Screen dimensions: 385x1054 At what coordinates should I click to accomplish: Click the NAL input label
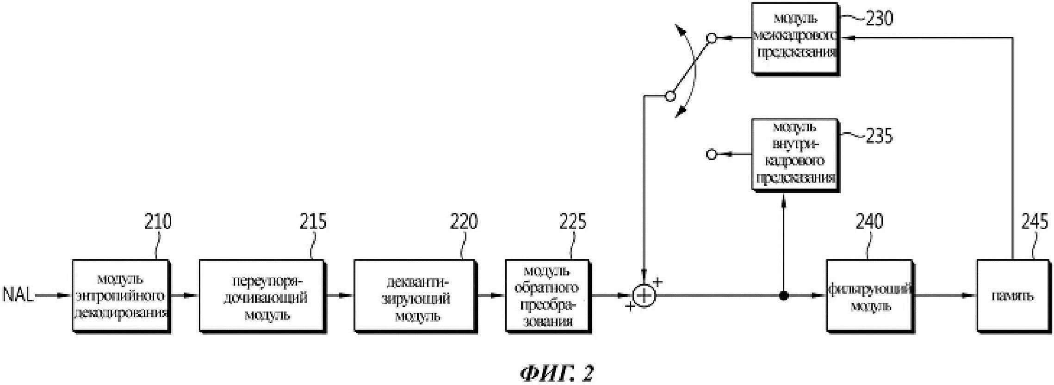18,295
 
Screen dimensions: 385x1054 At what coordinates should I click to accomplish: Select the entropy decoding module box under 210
120,296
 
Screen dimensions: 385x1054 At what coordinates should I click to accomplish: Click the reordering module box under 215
261,296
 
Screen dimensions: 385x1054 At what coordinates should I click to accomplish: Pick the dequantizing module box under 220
415,296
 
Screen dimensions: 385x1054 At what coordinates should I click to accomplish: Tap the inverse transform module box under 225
548,296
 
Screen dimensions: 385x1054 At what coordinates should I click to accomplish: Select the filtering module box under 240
869,296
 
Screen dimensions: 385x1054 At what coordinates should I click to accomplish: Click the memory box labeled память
1012,296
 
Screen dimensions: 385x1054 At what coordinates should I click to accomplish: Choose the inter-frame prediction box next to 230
794,38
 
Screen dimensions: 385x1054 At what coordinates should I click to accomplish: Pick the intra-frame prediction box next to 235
794,154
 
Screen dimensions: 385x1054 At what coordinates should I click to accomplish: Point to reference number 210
158,222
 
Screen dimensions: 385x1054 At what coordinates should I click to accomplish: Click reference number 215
313,222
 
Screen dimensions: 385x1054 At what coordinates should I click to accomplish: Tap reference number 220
464,222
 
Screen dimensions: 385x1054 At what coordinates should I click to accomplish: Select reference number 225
573,222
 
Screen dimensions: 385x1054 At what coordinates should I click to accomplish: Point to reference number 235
879,137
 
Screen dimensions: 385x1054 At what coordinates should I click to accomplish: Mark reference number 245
1035,222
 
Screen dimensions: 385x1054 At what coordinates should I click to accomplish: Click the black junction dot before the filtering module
783,296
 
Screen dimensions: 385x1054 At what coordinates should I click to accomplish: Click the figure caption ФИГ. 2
557,373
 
